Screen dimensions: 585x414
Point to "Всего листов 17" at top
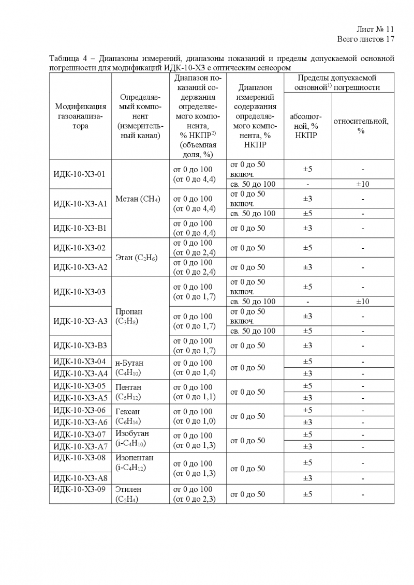point(366,39)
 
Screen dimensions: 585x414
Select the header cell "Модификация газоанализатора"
point(81,115)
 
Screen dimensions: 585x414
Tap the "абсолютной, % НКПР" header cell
point(307,126)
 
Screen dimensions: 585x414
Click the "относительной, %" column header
point(361,126)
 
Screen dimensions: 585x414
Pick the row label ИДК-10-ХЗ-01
point(79,174)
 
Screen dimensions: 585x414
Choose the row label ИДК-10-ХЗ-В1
point(80,228)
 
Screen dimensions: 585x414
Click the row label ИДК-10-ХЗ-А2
point(80,267)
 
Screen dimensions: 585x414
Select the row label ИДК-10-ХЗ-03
point(79,292)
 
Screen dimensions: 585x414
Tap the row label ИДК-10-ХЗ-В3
point(80,346)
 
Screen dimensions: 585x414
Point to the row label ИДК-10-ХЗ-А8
point(80,478)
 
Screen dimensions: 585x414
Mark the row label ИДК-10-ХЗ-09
point(79,489)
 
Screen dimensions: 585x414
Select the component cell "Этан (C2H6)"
point(137,258)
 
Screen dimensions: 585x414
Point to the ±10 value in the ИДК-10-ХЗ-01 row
point(361,184)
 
